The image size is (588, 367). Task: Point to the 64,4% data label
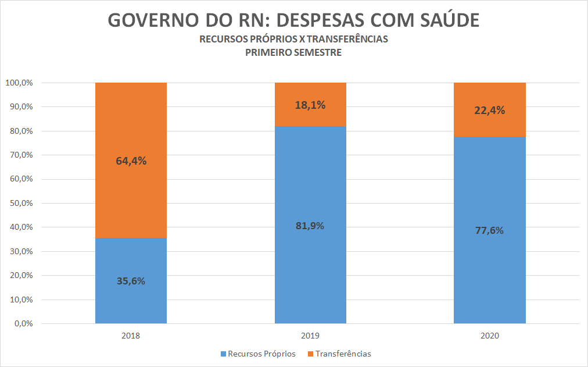pos(131,161)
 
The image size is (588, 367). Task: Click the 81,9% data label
pos(310,226)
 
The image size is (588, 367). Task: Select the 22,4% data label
pos(489,110)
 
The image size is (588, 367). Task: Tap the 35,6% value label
pos(131,281)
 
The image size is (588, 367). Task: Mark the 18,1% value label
pos(310,105)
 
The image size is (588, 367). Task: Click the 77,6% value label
pos(489,230)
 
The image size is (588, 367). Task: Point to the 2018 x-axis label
pos(131,336)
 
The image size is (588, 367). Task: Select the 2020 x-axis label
pos(489,336)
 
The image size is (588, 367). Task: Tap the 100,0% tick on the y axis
pos(19,83)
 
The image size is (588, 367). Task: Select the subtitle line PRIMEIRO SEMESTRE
pos(293,52)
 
